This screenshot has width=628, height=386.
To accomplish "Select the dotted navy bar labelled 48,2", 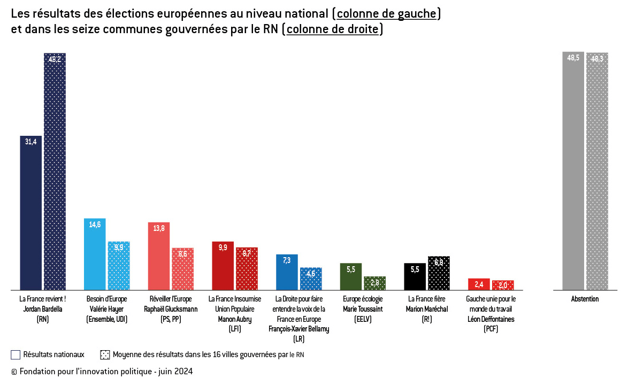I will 55,171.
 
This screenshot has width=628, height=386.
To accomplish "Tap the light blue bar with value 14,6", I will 95,254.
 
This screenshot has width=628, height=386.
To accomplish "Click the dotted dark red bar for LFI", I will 247,268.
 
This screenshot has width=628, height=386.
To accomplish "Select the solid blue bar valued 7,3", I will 287,272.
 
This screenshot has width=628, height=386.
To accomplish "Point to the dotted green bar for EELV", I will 374,283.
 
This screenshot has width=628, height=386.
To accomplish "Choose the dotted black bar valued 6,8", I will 439,273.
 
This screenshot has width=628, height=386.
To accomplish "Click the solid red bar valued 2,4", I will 479,284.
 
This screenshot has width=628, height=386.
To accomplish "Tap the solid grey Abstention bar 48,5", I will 573,171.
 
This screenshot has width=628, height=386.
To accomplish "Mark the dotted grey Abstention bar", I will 597,171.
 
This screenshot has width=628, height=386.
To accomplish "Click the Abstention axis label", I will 585,299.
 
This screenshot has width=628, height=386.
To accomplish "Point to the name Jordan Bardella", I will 42,309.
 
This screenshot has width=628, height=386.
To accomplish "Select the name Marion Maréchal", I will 426,309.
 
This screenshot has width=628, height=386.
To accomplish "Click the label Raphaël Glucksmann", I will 171,309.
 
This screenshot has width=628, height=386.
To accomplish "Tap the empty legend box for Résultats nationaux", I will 16,354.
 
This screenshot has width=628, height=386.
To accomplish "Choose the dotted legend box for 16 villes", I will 105,354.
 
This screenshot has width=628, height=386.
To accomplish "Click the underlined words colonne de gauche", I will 386,14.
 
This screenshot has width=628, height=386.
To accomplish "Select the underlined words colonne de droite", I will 332,29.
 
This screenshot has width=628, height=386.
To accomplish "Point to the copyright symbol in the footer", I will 14,372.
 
